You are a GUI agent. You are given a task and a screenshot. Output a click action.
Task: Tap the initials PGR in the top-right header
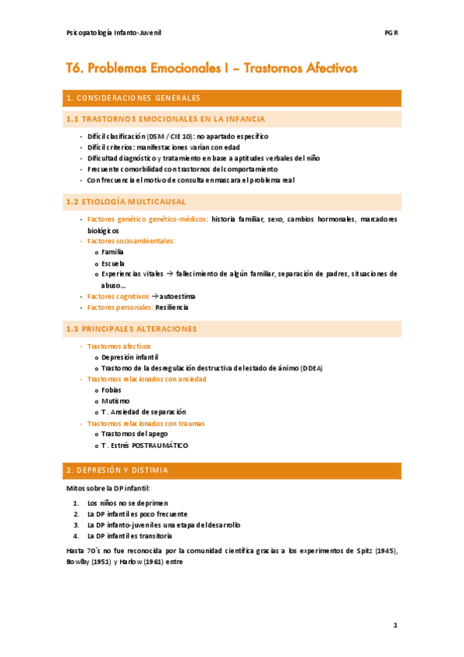click(390, 34)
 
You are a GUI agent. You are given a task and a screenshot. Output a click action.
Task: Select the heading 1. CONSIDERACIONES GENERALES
click(134, 98)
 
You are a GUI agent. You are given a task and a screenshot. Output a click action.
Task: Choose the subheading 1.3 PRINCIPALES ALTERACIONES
click(132, 328)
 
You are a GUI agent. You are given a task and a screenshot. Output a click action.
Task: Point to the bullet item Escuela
click(112, 263)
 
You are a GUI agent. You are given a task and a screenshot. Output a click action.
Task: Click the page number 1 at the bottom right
click(394, 624)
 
